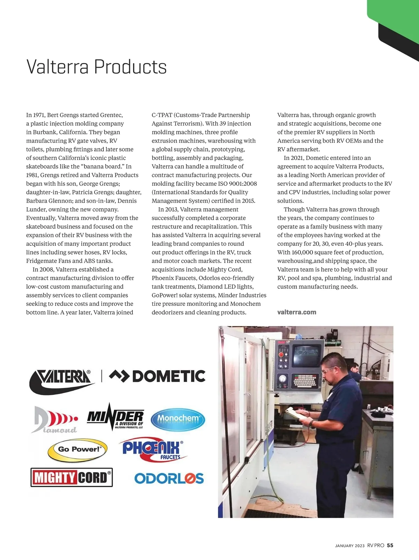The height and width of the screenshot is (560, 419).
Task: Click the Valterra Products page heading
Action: click(x=96, y=67)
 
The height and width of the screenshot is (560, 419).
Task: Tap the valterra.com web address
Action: click(x=296, y=312)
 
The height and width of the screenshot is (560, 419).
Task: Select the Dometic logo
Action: click(x=157, y=376)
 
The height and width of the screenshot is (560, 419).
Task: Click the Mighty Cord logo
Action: click(x=72, y=477)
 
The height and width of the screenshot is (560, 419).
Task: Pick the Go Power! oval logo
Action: click(x=78, y=450)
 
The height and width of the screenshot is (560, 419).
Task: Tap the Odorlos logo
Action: click(x=169, y=478)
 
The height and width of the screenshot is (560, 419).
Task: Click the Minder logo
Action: click(x=115, y=418)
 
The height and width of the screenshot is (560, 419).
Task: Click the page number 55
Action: click(x=390, y=545)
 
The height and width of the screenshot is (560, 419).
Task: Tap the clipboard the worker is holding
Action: click(x=295, y=413)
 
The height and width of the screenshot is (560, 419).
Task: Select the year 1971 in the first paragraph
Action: click(x=38, y=115)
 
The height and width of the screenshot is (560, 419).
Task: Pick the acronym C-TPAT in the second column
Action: click(x=162, y=115)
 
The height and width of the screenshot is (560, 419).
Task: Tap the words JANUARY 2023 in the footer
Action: click(x=350, y=546)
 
